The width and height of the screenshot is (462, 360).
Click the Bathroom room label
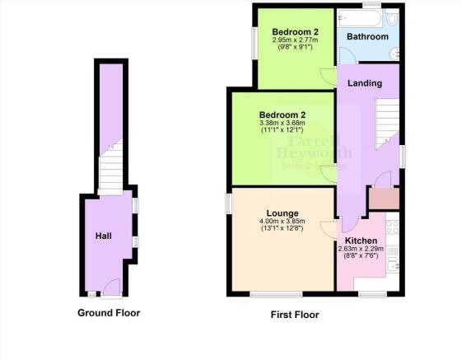pos(366,37)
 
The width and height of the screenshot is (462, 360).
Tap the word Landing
pos(364,82)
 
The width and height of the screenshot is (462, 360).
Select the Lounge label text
pos(282,211)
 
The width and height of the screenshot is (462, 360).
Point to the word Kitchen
pos(361,240)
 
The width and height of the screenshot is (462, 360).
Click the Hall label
pos(103,236)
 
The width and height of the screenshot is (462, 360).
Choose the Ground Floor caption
pos(109,312)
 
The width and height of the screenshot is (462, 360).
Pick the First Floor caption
pos(294,314)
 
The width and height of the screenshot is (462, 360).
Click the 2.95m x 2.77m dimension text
pos(295,40)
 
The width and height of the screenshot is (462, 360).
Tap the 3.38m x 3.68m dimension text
pos(282,124)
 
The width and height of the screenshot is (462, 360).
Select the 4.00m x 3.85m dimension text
pos(282,221)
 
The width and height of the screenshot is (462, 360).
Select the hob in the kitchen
pos(392,223)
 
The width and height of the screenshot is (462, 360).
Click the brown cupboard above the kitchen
pos(382,199)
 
